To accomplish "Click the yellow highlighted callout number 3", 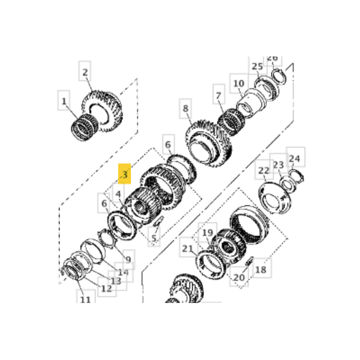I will (x=124, y=174).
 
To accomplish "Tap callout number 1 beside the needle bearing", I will (x=64, y=101).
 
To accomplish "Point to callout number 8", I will (x=185, y=109).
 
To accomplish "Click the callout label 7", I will (x=218, y=95).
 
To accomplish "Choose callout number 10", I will (x=238, y=83).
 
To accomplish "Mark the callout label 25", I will (x=257, y=66).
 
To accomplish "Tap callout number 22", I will (x=264, y=171).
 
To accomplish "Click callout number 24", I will (x=294, y=158).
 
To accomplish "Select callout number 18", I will (x=260, y=270).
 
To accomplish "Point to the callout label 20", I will (x=239, y=278).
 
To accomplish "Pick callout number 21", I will (x=188, y=249).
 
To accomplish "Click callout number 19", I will (x=208, y=233).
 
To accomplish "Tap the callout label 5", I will (x=154, y=239).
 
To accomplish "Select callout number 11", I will (x=85, y=299).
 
